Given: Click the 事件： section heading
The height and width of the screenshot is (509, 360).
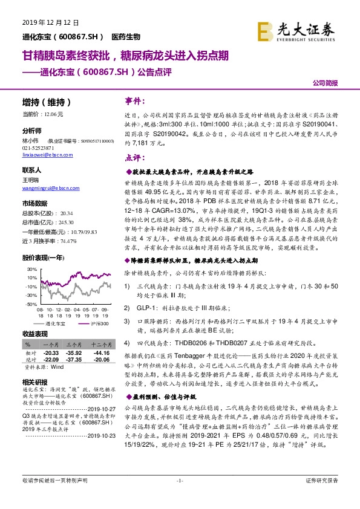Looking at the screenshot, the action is pos(135,100).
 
